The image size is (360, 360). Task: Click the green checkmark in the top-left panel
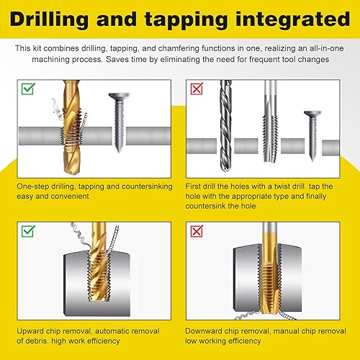[x=28, y=89]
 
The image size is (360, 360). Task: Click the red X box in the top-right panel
[x=197, y=89]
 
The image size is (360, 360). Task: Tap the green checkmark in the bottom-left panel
[x=28, y=231]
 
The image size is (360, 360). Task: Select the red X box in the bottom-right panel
[x=197, y=231]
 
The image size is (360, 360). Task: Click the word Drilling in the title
[x=49, y=20]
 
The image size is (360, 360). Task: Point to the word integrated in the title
[x=293, y=20]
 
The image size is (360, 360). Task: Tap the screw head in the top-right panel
[x=312, y=114]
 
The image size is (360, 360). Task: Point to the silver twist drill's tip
[x=225, y=171]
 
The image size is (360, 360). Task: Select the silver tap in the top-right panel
[x=270, y=121]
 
